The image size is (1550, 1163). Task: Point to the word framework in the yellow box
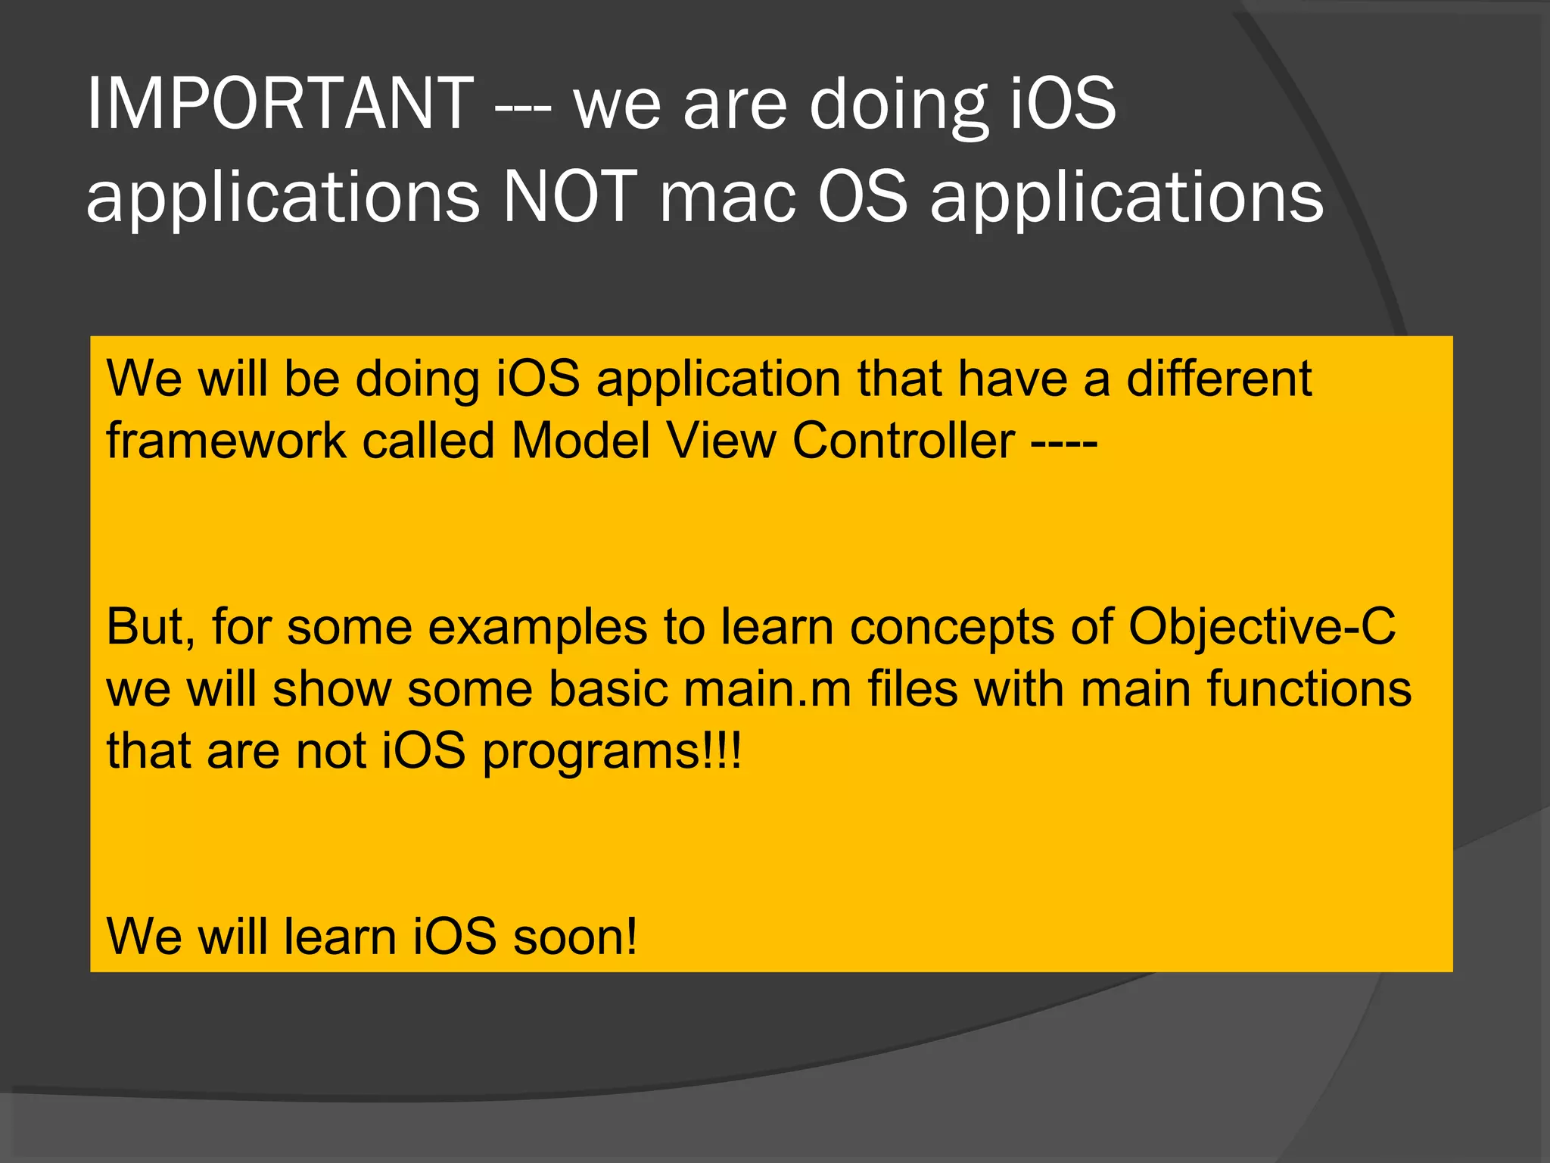226,440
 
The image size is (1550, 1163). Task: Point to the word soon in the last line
574,937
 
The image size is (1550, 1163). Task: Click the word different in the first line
1219,378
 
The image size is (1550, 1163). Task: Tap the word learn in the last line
341,937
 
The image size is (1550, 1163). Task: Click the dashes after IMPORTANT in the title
523,106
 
